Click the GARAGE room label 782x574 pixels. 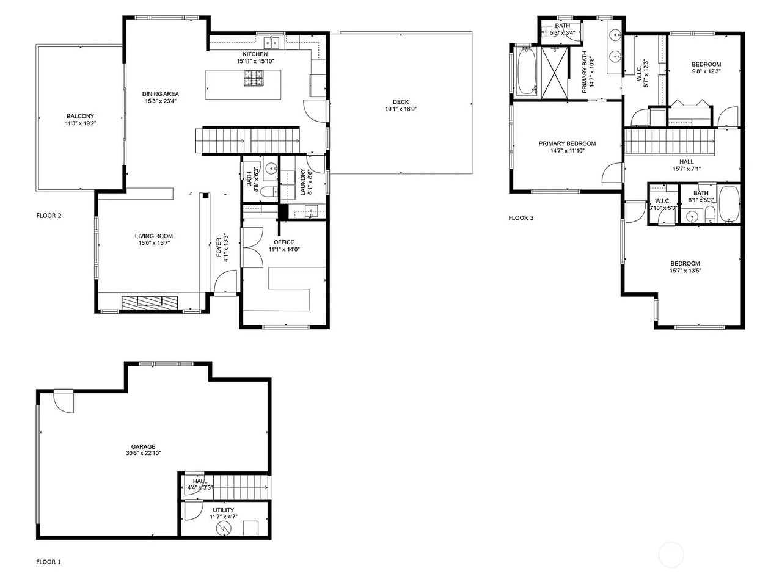coord(143,446)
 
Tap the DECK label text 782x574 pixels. coord(401,102)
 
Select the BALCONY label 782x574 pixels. coord(80,116)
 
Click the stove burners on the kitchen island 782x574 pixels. coord(254,78)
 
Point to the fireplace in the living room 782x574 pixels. coord(150,302)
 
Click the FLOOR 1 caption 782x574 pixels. coord(48,562)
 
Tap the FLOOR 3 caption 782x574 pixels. coord(521,218)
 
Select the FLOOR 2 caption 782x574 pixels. coord(49,216)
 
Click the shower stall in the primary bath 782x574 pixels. coord(554,73)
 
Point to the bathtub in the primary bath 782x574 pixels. coord(527,72)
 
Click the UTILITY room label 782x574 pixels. coord(224,510)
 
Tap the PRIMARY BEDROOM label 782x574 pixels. coord(568,143)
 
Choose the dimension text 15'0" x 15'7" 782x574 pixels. coord(154,243)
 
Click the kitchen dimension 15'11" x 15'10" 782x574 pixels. coord(255,62)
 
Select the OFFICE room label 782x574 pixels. coord(284,242)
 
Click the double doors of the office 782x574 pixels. coord(252,248)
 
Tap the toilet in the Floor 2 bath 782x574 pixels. coord(270,192)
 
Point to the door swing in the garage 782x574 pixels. coord(64,401)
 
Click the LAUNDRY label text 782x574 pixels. coord(302,182)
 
